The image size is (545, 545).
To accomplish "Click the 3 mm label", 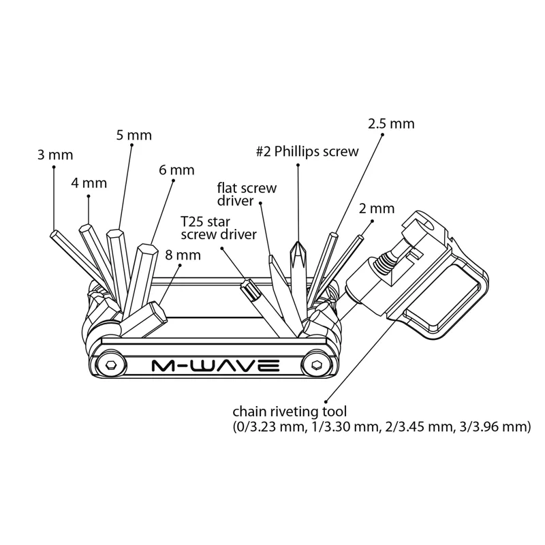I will pyautogui.click(x=55, y=155).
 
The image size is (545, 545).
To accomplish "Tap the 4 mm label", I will pyautogui.click(x=89, y=183).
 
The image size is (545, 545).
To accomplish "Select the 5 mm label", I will pyautogui.click(x=134, y=135).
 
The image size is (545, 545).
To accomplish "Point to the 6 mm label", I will pyautogui.click(x=176, y=170).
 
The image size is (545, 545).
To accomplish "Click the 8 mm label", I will pyautogui.click(x=183, y=255).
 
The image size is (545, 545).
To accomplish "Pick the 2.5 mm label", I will pyautogui.click(x=391, y=124).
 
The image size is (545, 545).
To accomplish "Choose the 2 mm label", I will pyautogui.click(x=377, y=208).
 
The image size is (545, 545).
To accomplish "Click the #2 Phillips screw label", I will pyautogui.click(x=307, y=152).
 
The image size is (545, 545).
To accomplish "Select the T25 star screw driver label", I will pyautogui.click(x=218, y=228).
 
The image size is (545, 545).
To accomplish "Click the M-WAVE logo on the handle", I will pyautogui.click(x=215, y=367).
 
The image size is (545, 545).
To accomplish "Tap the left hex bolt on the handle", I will pyautogui.click(x=111, y=367).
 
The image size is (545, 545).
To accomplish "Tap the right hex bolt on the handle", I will pyautogui.click(x=315, y=366).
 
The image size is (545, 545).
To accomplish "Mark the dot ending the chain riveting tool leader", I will pyautogui.click(x=327, y=402).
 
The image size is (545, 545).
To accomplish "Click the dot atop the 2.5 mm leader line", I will pyautogui.click(x=383, y=135).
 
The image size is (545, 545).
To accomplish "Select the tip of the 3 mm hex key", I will pyautogui.click(x=54, y=234).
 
